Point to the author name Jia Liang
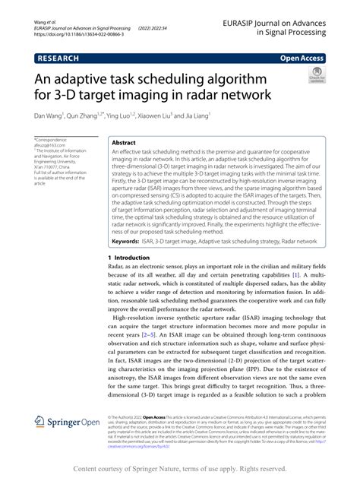tap(235, 117)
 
